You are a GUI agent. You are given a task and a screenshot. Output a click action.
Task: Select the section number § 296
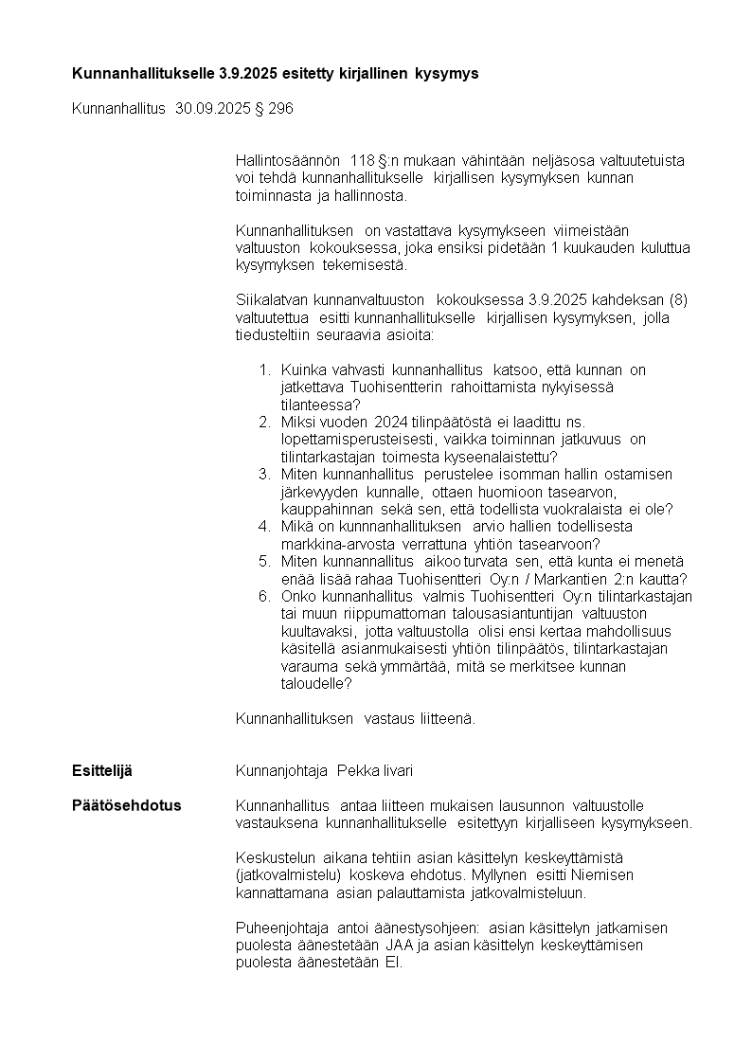275,109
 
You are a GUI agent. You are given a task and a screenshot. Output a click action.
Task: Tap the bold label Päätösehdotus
127,805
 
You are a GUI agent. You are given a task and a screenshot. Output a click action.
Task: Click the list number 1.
264,369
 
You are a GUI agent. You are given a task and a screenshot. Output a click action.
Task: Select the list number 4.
264,526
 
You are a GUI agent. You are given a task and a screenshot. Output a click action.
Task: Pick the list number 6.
264,596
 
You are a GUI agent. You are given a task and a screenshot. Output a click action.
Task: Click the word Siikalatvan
274,300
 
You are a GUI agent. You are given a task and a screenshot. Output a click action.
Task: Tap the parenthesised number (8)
678,300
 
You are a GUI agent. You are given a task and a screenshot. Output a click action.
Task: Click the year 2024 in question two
391,422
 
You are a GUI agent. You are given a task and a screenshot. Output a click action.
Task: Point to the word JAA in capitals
399,945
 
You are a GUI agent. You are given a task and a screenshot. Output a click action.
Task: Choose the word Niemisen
604,874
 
